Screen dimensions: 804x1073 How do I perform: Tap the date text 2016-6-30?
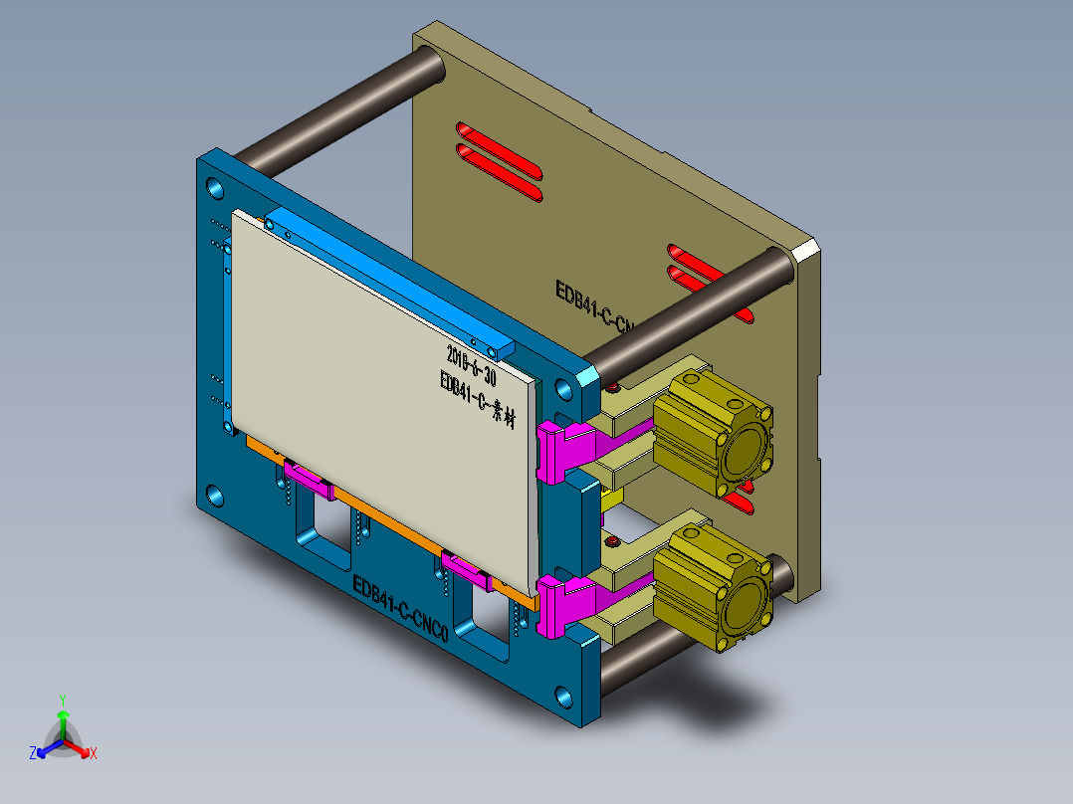pyautogui.click(x=471, y=365)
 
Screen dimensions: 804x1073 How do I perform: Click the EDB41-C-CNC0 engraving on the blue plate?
pyautogui.click(x=401, y=609)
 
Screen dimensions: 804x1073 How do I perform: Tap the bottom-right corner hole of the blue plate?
pyautogui.click(x=564, y=697)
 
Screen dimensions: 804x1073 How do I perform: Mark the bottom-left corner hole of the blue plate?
pyautogui.click(x=215, y=495)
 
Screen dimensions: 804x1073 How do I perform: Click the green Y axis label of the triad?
pyautogui.click(x=62, y=700)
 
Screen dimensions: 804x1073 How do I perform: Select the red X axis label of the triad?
pyautogui.click(x=94, y=754)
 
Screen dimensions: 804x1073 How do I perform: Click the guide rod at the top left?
pyautogui.click(x=338, y=109)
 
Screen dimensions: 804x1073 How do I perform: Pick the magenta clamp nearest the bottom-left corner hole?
pyautogui.click(x=309, y=480)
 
